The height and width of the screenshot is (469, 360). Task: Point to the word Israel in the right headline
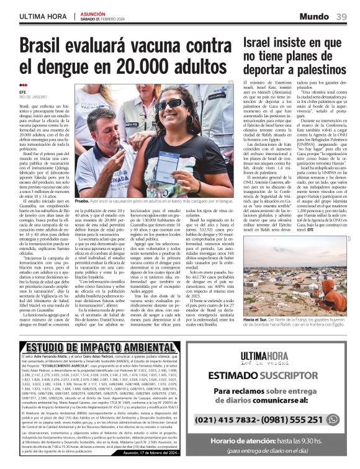[261, 43]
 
